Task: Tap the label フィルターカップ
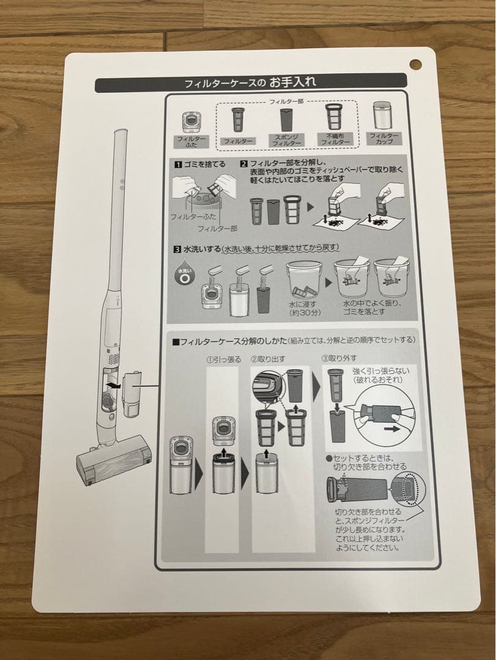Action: pyautogui.click(x=384, y=138)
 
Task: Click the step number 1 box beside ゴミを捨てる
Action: pyautogui.click(x=178, y=164)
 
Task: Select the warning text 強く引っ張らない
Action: pyautogui.click(x=380, y=371)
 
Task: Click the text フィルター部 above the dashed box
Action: pyautogui.click(x=286, y=101)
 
